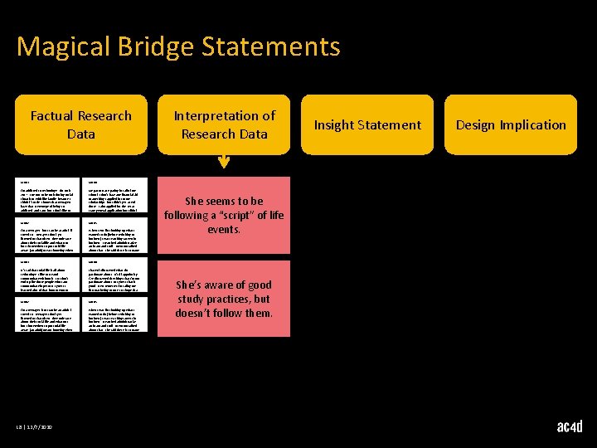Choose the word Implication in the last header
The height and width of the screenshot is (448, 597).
point(534,125)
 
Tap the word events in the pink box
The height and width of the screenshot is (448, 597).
point(224,230)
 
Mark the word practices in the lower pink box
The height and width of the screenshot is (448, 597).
point(232,299)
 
